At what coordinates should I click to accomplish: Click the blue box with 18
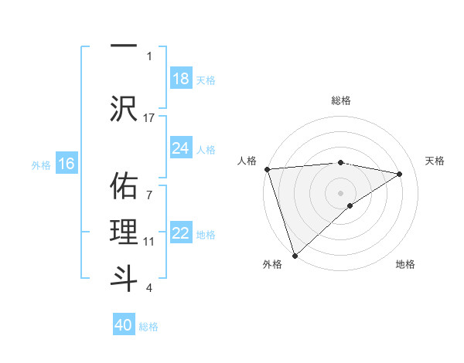(x=180, y=78)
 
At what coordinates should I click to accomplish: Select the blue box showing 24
(x=180, y=148)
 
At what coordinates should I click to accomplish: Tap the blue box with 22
(x=180, y=233)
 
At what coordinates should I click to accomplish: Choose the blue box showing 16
(x=66, y=163)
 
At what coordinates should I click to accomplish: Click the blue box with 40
(x=124, y=325)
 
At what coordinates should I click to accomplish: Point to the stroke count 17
(x=149, y=117)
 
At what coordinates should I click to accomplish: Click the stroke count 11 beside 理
(x=149, y=242)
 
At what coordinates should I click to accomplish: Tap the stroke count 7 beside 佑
(x=149, y=186)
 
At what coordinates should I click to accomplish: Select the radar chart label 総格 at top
(x=341, y=100)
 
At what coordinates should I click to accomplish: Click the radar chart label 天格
(x=435, y=161)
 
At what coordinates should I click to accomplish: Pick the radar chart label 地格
(x=405, y=264)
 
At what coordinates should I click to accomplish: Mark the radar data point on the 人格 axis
(x=267, y=169)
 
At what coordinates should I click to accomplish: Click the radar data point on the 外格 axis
(x=295, y=255)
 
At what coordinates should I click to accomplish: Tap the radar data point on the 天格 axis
(x=400, y=174)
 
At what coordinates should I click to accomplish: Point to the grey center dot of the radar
(x=340, y=192)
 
